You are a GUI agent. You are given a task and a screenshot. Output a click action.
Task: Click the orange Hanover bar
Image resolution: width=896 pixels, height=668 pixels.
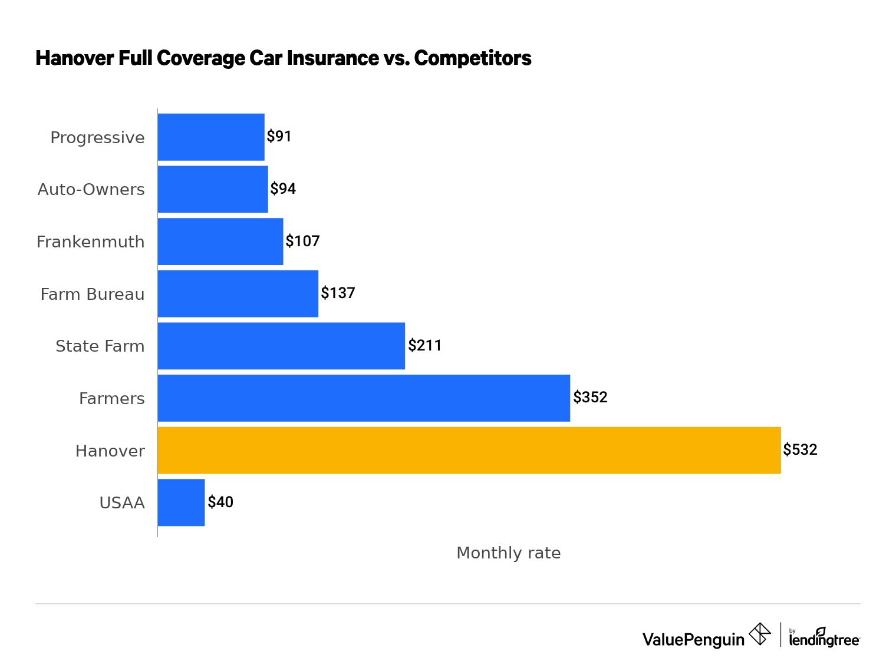469,450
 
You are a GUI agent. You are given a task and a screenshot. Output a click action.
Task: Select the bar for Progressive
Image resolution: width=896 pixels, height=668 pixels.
211,137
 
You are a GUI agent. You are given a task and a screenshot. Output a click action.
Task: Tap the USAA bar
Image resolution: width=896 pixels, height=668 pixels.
181,502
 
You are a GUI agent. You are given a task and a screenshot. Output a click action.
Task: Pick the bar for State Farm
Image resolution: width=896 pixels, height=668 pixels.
281,346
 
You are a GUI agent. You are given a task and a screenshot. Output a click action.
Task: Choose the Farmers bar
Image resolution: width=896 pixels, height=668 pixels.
364,398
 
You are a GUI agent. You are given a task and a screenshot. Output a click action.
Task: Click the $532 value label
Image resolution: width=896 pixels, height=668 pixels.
800,450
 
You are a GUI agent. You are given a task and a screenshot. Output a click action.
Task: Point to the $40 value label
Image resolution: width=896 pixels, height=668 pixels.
220,502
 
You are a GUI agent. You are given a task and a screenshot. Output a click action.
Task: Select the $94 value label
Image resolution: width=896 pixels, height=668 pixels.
283,189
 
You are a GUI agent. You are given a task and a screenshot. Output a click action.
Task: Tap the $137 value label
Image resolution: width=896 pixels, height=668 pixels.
338,293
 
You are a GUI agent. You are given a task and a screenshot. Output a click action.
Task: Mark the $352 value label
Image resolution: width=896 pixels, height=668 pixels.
590,397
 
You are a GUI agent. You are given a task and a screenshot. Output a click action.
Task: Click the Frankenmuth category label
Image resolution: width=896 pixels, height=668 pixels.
90,242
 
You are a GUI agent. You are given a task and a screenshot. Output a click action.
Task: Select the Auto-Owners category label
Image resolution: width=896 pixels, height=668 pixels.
91,190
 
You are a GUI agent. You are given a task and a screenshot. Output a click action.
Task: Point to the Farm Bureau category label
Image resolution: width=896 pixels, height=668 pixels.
92,294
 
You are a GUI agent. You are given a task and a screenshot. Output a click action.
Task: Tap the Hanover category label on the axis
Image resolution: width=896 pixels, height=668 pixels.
110,451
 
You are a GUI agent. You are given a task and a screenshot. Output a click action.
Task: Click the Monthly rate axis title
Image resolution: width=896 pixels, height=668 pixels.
508,553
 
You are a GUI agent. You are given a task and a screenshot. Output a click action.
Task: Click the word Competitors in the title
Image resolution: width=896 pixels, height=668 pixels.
473,58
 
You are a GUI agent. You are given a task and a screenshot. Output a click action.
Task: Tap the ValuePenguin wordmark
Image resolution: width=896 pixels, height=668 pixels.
693,639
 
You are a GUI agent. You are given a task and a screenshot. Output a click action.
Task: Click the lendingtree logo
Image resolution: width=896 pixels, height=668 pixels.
824,637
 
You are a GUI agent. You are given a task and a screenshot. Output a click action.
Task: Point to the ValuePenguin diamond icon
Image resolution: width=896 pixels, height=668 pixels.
760,634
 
